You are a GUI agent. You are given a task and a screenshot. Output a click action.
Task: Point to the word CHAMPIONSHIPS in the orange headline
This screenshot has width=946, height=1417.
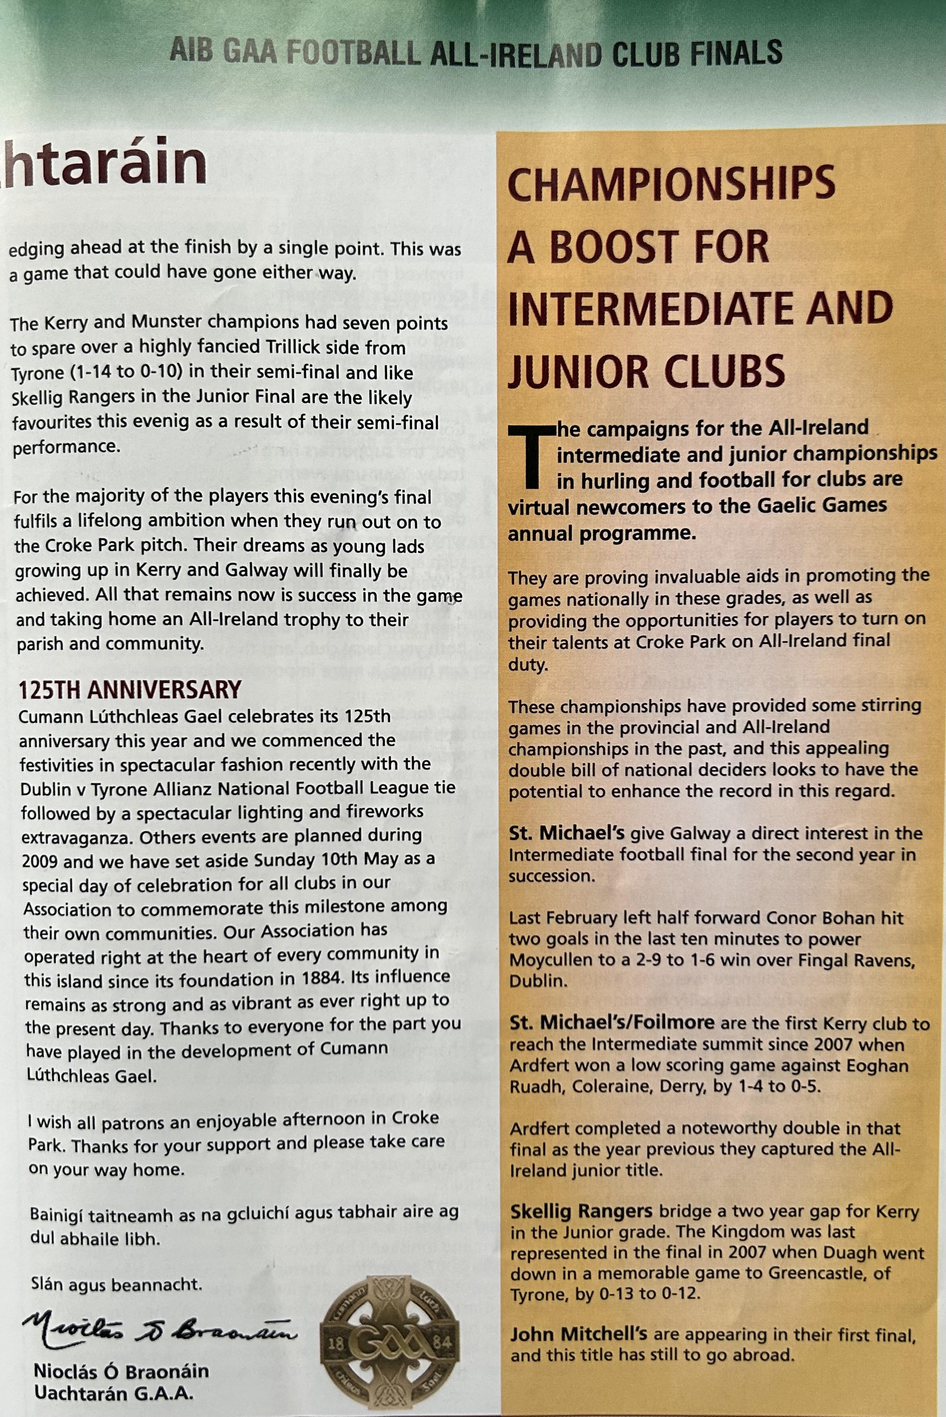click(x=671, y=184)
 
